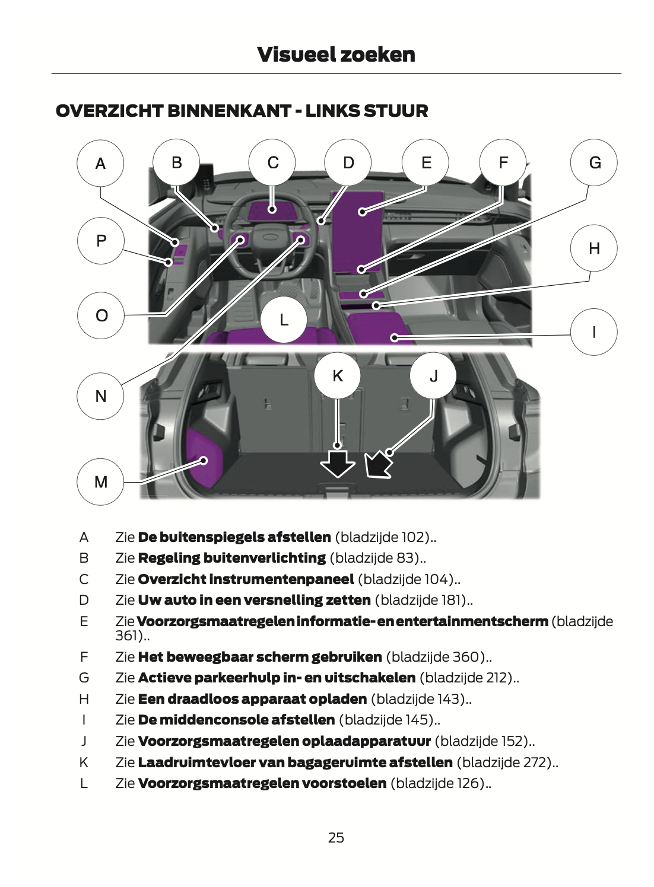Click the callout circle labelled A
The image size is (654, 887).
(x=100, y=163)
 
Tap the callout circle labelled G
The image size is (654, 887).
(x=594, y=162)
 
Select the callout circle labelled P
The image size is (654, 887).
(x=101, y=241)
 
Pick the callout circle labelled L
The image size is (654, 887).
(x=284, y=320)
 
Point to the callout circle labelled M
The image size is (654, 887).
(x=101, y=481)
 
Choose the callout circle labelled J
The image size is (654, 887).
(x=433, y=376)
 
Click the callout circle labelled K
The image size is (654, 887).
(x=338, y=375)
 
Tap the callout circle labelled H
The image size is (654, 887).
(x=594, y=248)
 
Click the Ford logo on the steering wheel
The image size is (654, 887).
(x=271, y=237)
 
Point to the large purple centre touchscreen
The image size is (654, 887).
(x=358, y=231)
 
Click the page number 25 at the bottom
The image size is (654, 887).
(x=336, y=837)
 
